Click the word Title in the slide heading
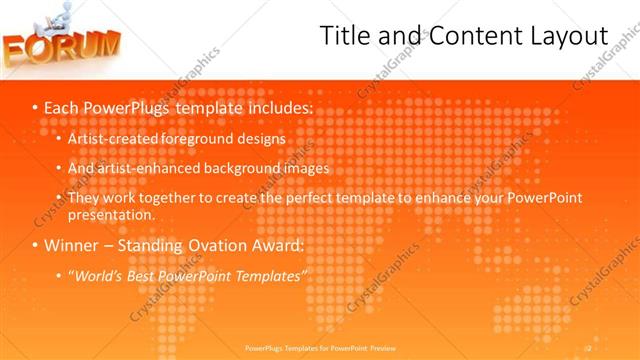[342, 36]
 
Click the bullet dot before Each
[34, 106]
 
